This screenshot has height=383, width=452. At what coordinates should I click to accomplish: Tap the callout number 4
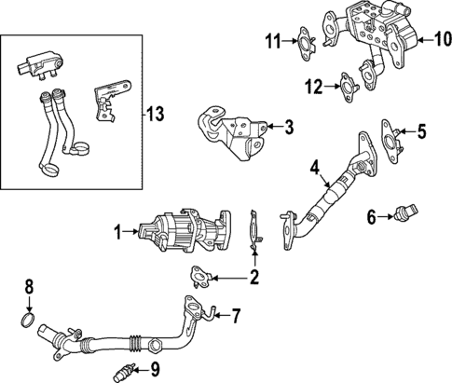(x=315, y=169)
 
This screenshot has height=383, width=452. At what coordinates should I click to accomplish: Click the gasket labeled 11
(x=305, y=41)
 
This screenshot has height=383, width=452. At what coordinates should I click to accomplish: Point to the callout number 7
(x=236, y=316)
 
